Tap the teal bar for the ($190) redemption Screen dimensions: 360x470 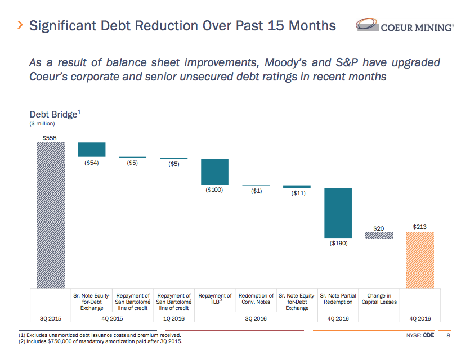338,213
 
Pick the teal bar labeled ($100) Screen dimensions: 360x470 214,172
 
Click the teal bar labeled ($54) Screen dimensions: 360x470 92,149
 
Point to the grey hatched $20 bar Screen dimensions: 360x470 379,236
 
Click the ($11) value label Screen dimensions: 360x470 298,193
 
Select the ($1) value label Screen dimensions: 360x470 256,191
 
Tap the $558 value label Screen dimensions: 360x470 50,137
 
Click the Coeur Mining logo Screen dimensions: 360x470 404,26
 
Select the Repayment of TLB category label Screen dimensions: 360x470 215,298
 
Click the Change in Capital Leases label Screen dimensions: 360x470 379,299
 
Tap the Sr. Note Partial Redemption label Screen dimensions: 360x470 338,299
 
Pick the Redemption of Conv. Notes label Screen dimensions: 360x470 256,299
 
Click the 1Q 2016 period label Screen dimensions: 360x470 173,318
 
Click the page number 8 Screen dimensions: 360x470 448,336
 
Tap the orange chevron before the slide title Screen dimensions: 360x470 20,25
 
